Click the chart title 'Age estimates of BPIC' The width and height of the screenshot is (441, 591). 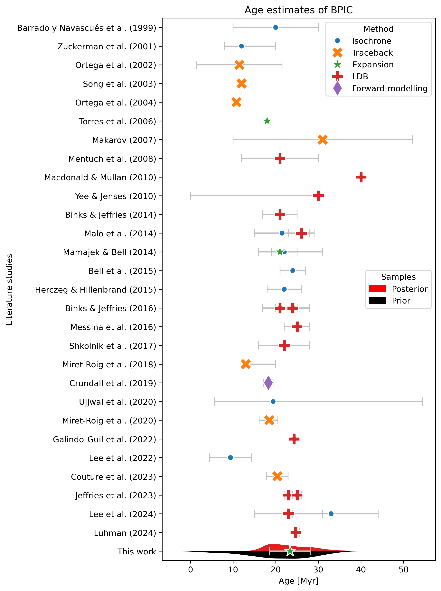click(x=298, y=10)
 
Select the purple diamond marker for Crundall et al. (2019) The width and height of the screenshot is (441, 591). click(x=268, y=383)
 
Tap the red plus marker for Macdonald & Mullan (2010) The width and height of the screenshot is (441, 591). click(x=361, y=177)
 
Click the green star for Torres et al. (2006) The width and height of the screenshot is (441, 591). click(x=267, y=121)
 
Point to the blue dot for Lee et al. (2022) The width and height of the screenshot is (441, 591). click(x=230, y=458)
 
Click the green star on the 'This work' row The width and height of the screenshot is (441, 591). click(x=290, y=551)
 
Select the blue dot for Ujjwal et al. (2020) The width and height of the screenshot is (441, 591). click(x=273, y=401)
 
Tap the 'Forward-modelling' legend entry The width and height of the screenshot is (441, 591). click(x=389, y=88)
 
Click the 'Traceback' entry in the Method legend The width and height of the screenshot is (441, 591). click(x=372, y=53)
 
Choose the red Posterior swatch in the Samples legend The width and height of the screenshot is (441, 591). click(x=377, y=289)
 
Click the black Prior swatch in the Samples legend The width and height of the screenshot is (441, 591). click(x=377, y=301)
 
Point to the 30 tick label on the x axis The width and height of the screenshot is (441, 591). click(x=318, y=570)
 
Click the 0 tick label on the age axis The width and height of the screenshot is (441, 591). click(x=190, y=570)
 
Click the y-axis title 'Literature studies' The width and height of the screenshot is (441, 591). click(x=10, y=289)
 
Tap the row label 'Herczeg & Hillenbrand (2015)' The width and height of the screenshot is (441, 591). click(x=96, y=290)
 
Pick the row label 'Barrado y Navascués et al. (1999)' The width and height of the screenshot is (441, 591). click(x=87, y=28)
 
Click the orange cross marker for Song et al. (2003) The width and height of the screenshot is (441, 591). click(x=241, y=84)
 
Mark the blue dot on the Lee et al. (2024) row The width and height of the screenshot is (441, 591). click(x=331, y=514)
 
